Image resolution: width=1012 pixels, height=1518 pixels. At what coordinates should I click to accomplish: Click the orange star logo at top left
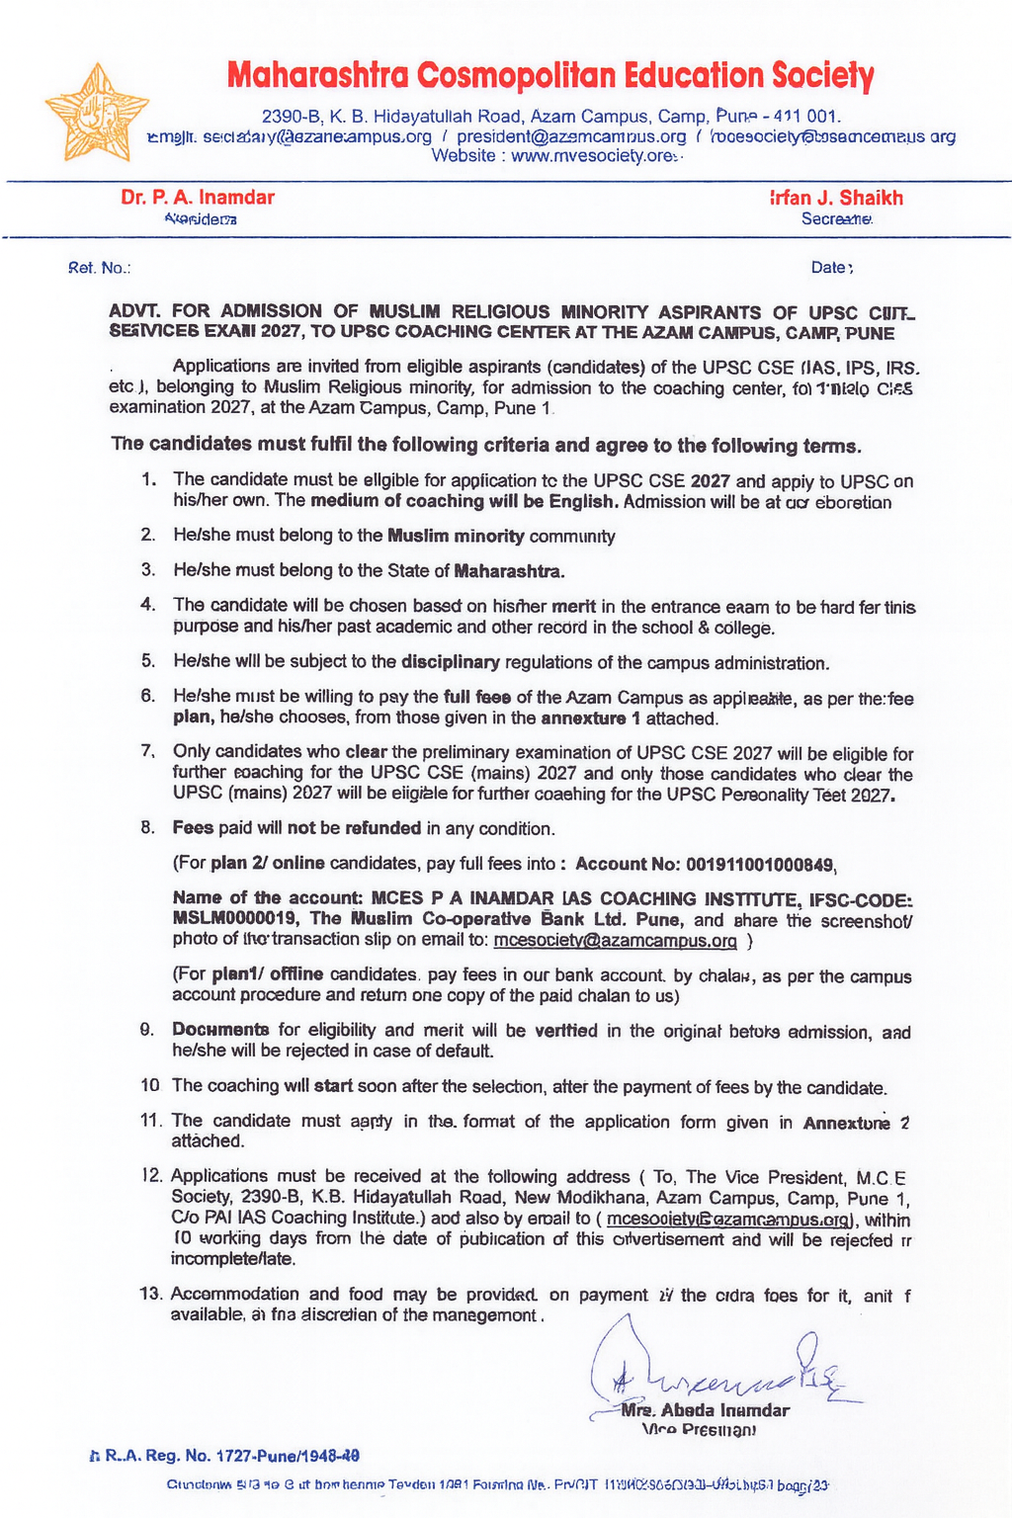click(x=97, y=112)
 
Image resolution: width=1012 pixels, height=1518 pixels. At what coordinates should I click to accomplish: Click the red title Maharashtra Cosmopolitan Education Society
click(x=550, y=75)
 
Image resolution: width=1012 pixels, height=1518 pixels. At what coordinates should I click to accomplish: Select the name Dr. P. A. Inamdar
click(x=198, y=197)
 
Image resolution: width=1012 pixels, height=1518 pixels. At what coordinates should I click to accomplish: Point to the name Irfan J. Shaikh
click(x=836, y=197)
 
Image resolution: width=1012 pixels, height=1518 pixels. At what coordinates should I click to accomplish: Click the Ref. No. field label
click(x=99, y=268)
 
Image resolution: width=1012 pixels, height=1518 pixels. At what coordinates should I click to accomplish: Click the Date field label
click(x=831, y=267)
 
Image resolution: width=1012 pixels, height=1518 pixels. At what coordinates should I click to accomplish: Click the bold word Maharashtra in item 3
click(x=509, y=571)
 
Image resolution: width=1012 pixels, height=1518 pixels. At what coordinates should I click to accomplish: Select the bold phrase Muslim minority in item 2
click(x=456, y=537)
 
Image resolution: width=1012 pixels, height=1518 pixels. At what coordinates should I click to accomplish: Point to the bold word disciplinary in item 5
click(x=451, y=662)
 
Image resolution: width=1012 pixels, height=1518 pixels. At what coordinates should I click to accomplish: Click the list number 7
click(x=148, y=753)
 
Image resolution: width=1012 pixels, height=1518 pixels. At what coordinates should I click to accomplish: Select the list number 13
click(x=151, y=1295)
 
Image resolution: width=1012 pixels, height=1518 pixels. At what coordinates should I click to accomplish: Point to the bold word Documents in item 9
click(x=220, y=1031)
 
